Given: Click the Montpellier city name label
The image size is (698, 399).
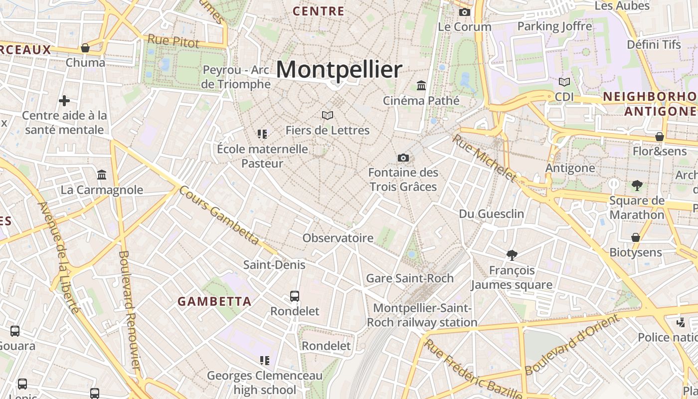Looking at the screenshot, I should pyautogui.click(x=339, y=70).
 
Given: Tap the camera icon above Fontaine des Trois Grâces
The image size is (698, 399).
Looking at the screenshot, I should pyautogui.click(x=403, y=158).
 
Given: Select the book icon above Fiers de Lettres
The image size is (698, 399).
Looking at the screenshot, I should pyautogui.click(x=328, y=116).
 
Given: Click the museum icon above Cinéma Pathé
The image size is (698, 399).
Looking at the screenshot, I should pyautogui.click(x=421, y=86).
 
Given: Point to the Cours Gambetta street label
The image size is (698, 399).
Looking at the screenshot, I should pyautogui.click(x=219, y=215).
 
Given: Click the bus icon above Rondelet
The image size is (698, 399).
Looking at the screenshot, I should pyautogui.click(x=295, y=296).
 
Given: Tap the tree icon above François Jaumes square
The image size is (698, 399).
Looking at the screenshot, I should pyautogui.click(x=512, y=255).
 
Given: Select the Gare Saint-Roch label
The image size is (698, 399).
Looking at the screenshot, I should pyautogui.click(x=410, y=278).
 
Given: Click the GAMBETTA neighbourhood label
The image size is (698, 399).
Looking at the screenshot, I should pyautogui.click(x=214, y=301).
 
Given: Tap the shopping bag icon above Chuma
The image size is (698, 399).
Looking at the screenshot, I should pyautogui.click(x=85, y=48).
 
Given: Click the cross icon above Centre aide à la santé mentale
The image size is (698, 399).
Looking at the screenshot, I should pyautogui.click(x=64, y=101).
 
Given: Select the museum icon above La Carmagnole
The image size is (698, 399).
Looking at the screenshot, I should pyautogui.click(x=102, y=175).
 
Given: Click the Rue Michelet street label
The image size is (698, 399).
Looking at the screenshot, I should pyautogui.click(x=484, y=158).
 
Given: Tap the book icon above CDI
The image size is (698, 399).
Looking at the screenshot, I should pyautogui.click(x=564, y=82).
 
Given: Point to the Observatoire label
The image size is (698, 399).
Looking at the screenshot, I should pyautogui.click(x=338, y=238).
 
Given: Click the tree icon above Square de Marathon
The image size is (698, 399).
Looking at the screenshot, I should pyautogui.click(x=637, y=186).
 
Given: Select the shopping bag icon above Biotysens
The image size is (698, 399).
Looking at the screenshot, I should pyautogui.click(x=636, y=237).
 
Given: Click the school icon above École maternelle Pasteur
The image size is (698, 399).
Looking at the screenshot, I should pyautogui.click(x=262, y=134).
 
